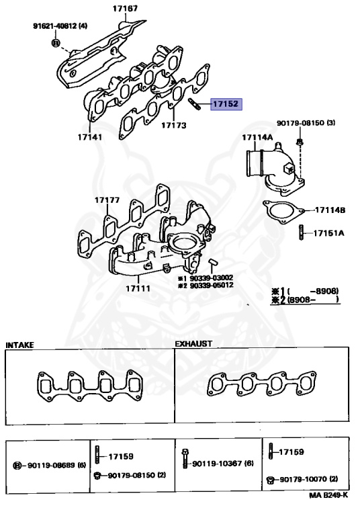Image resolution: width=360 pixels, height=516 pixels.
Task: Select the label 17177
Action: coord(107,200)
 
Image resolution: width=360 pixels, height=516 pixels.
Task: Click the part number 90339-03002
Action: coord(210,277)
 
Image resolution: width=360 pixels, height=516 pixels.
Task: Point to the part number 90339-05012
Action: coord(210,286)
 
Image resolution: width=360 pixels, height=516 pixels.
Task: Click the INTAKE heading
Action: coord(19,344)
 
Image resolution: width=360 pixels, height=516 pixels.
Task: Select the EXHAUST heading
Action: coord(193,343)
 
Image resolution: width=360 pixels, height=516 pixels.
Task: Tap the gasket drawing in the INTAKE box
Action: coord(87,387)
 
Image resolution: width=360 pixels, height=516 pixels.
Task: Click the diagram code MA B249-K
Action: coord(328,495)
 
